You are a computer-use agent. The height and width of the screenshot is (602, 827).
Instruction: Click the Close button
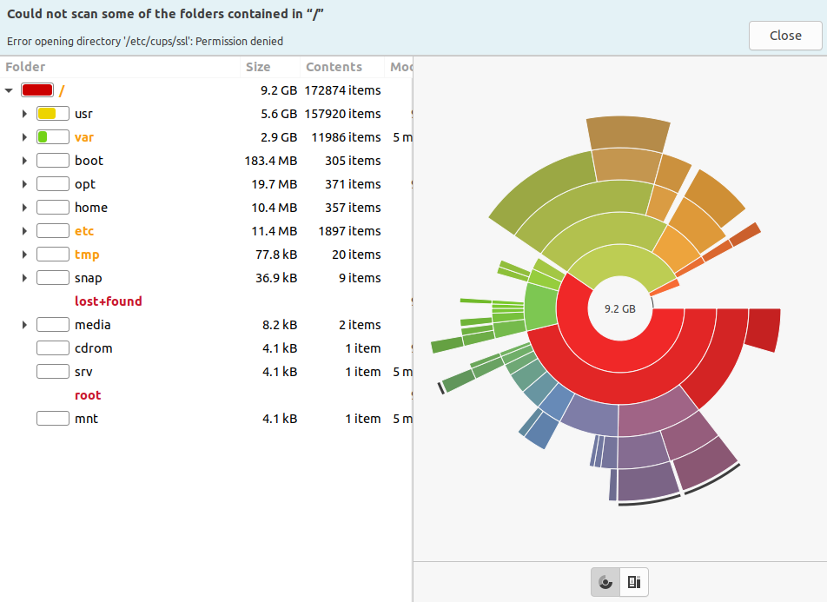click(x=785, y=36)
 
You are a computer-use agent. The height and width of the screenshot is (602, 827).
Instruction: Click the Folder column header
click(x=26, y=67)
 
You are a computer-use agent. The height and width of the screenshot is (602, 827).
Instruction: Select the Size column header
click(x=258, y=67)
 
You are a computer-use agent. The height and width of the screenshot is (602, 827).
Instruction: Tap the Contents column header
click(x=334, y=67)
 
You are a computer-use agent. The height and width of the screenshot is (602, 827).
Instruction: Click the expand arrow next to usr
click(x=25, y=114)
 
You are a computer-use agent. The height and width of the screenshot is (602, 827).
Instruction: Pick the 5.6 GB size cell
click(x=279, y=114)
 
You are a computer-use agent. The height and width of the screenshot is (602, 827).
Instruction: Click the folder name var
click(x=84, y=137)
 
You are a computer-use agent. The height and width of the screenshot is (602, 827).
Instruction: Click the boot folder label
click(x=89, y=161)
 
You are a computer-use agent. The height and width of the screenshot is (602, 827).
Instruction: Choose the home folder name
click(x=91, y=208)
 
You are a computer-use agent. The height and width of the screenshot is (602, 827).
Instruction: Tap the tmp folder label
click(x=87, y=255)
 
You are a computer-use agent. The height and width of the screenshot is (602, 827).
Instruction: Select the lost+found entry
click(x=109, y=301)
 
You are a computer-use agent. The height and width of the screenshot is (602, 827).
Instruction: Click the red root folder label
click(x=88, y=395)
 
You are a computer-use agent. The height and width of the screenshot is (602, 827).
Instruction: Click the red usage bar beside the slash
click(x=38, y=90)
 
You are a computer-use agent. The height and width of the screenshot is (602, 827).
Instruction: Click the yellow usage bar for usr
click(x=48, y=114)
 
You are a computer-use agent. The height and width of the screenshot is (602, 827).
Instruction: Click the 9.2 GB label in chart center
click(x=620, y=308)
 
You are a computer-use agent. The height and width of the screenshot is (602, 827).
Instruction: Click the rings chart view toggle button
click(x=605, y=582)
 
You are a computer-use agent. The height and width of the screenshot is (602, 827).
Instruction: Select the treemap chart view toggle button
click(x=634, y=582)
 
